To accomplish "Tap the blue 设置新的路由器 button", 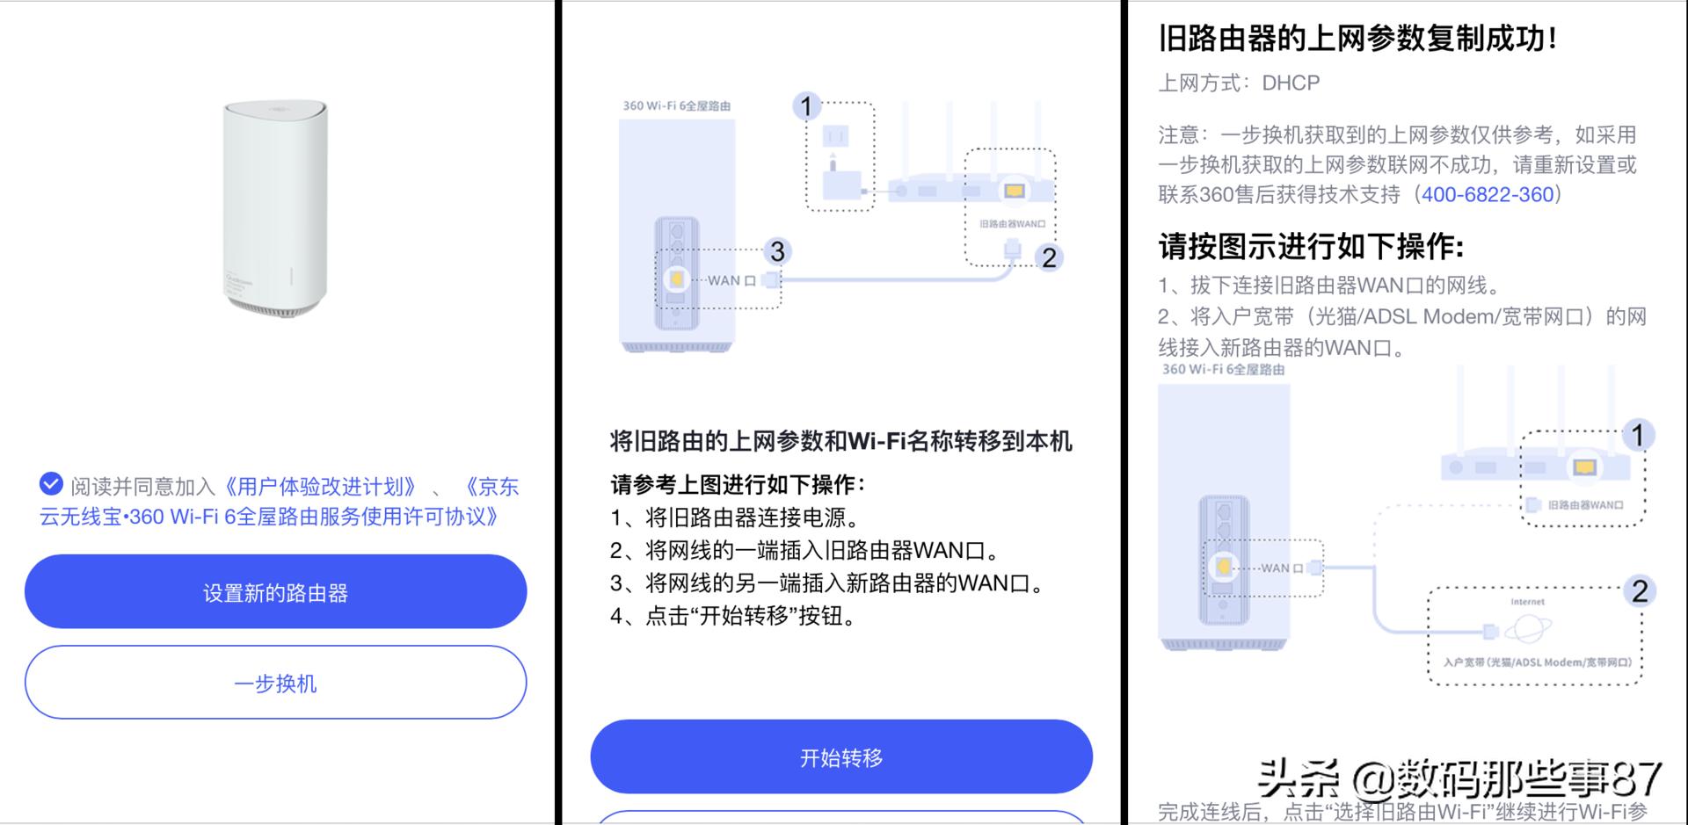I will (x=275, y=592).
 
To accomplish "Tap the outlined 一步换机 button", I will (x=275, y=683).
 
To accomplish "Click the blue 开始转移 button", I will (x=840, y=757).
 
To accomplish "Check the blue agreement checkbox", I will (x=51, y=483).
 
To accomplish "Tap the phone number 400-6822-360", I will (x=1488, y=194).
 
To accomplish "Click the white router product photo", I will (x=275, y=207).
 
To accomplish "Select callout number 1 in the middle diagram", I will (x=805, y=106).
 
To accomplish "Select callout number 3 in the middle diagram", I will (x=777, y=252).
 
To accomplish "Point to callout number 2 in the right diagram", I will (x=1640, y=591).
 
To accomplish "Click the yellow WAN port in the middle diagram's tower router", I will (x=676, y=279).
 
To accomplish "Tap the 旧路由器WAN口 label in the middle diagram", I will (x=1012, y=224).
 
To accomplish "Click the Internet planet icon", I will (x=1528, y=628).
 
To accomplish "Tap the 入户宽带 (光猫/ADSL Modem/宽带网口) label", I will (x=1537, y=662).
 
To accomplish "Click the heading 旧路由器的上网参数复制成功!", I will (x=1358, y=39).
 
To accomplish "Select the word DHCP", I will (x=1291, y=83).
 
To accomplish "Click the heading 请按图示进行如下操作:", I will (x=1311, y=247).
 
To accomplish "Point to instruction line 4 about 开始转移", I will (x=733, y=616).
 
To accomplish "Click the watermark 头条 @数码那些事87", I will (x=1459, y=778).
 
